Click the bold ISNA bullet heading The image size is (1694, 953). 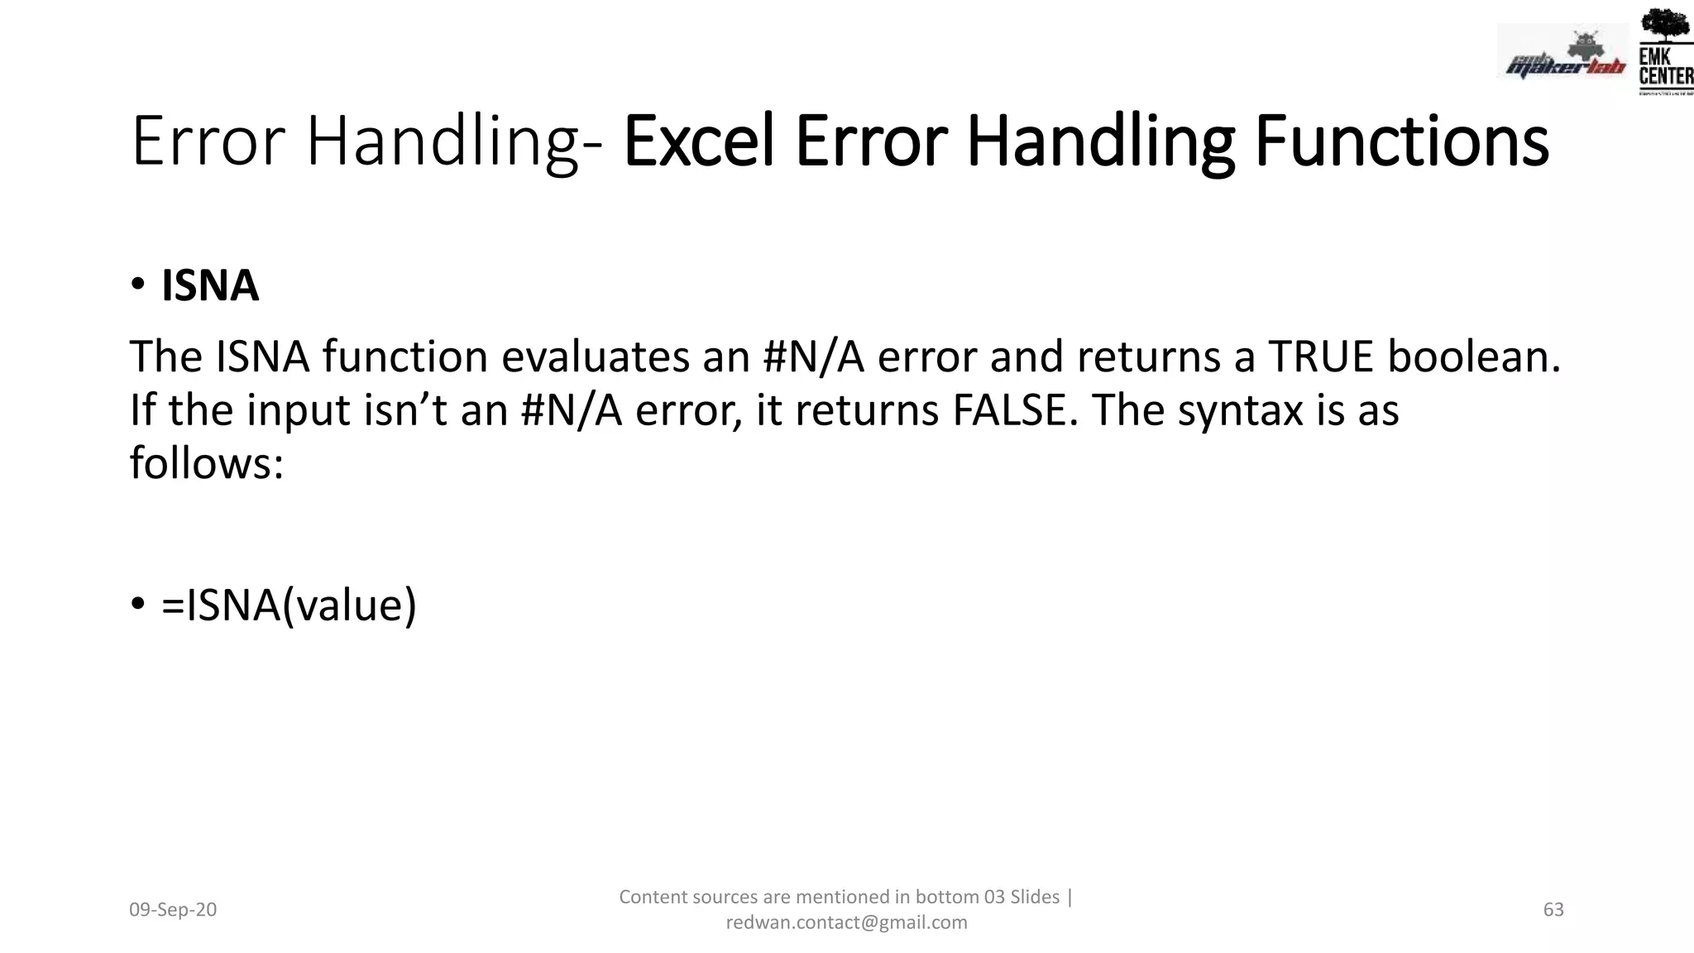point(209,285)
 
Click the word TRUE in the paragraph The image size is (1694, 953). point(1320,357)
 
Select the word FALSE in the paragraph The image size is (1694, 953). point(1015,410)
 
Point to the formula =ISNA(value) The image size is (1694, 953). point(289,605)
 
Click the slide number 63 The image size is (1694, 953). point(1553,910)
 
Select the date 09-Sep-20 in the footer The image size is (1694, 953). point(173,910)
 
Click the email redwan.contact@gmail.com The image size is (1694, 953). point(846,922)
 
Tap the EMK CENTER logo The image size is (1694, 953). point(1665,67)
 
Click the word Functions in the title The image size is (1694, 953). point(1400,141)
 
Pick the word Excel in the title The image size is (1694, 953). point(699,141)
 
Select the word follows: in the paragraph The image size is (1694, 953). point(207,463)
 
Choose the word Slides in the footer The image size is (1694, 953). point(1035,897)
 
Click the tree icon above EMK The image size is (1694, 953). point(1664,25)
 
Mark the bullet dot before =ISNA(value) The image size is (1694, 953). point(138,604)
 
